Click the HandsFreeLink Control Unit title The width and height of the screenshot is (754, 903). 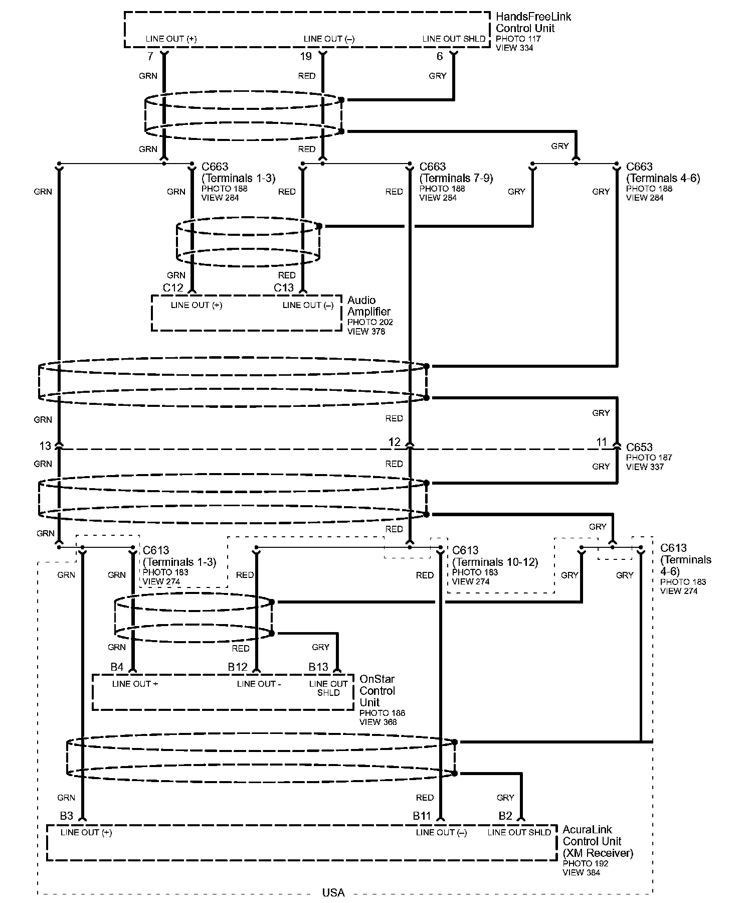(x=533, y=23)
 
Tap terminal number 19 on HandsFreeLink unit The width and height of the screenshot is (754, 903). (x=306, y=57)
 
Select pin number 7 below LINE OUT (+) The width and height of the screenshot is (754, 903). (x=150, y=57)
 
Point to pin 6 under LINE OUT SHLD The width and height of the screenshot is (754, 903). (x=440, y=57)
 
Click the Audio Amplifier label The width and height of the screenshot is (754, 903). (x=368, y=306)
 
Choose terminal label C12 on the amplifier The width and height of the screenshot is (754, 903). (x=173, y=288)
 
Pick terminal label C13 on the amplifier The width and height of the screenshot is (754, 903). (x=284, y=288)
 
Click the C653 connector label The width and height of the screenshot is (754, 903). (x=639, y=447)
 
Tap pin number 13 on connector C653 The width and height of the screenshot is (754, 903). (x=45, y=446)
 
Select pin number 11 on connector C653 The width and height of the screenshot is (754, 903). (x=602, y=442)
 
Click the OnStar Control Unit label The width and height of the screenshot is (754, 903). (x=377, y=691)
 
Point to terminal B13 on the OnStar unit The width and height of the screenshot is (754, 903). (x=318, y=667)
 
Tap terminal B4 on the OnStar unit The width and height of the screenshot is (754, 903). (x=117, y=667)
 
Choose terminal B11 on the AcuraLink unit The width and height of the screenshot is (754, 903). (x=422, y=816)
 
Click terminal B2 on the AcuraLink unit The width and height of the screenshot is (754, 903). (x=505, y=816)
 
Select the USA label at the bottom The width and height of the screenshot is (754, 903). (x=333, y=892)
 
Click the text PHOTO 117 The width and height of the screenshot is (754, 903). (x=518, y=39)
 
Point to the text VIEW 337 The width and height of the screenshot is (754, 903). (x=645, y=467)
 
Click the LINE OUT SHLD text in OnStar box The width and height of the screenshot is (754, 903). (x=328, y=688)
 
